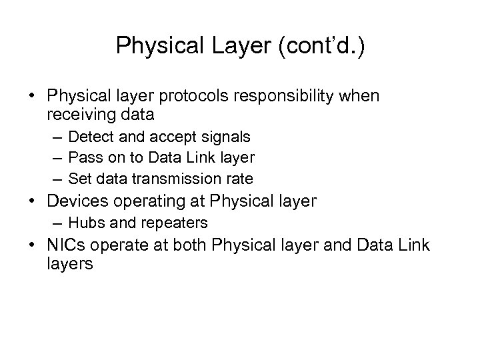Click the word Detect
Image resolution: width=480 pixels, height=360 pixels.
pos(91,137)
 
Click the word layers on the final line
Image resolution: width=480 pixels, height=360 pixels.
pos(70,263)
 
